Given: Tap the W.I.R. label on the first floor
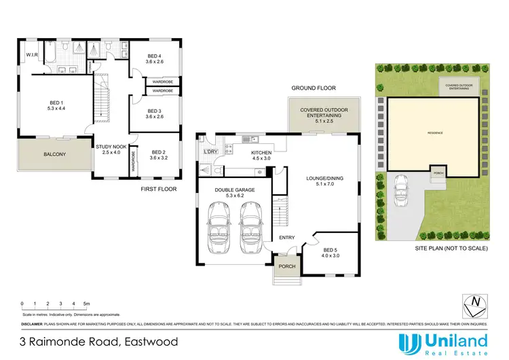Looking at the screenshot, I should (x=31, y=54).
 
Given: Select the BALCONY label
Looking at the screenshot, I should (x=55, y=155).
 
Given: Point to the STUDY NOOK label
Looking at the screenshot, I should (x=109, y=149).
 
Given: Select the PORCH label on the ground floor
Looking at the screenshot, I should (x=287, y=266).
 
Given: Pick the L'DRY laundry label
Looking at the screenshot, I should (x=210, y=151).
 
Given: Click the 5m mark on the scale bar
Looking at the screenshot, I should (x=86, y=303).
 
